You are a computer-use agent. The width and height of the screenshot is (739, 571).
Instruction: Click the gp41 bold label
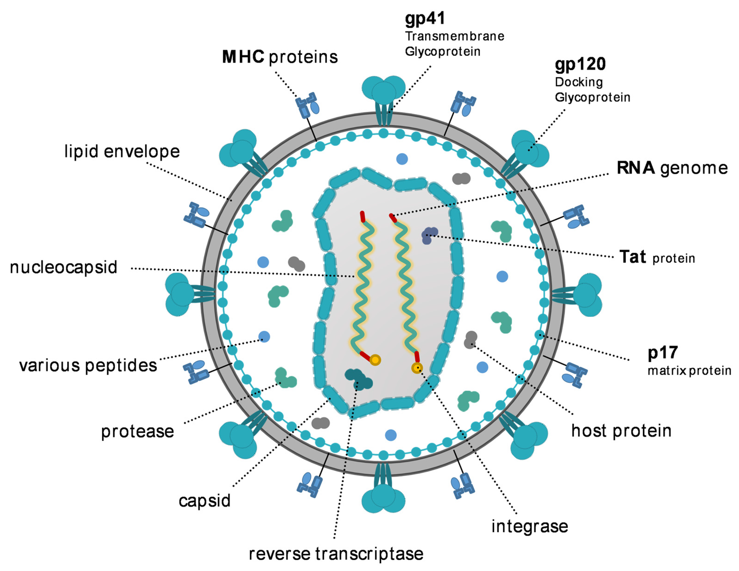[x=425, y=19]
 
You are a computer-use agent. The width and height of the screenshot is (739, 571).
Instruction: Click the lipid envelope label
[x=122, y=151]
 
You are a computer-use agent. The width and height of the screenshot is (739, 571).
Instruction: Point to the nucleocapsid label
[x=64, y=267]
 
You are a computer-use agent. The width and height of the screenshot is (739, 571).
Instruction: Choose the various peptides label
[x=88, y=365]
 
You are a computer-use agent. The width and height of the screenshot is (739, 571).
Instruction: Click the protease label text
[x=137, y=432]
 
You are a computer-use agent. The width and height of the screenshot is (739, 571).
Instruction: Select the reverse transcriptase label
[x=336, y=554]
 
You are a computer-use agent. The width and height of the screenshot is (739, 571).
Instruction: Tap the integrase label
[x=530, y=526]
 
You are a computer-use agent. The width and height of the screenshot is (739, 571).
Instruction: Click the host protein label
[x=621, y=431]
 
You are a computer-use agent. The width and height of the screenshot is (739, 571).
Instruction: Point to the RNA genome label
[x=672, y=168]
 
